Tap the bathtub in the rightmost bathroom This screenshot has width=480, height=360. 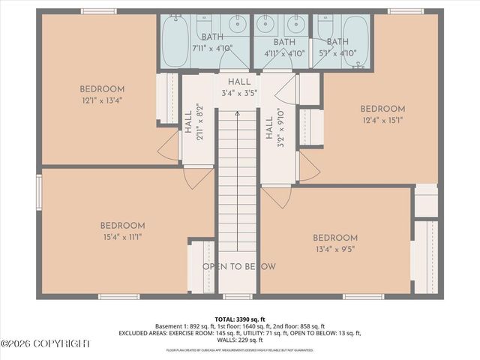356,42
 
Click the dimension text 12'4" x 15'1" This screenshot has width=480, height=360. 382,121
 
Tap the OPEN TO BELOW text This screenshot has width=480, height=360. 238,267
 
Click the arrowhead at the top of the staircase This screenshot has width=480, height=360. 238,112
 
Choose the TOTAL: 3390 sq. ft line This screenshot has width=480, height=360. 240,319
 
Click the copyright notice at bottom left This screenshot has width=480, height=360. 45,343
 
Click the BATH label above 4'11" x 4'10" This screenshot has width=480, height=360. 284,42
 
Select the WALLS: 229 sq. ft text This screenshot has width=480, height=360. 240,339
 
